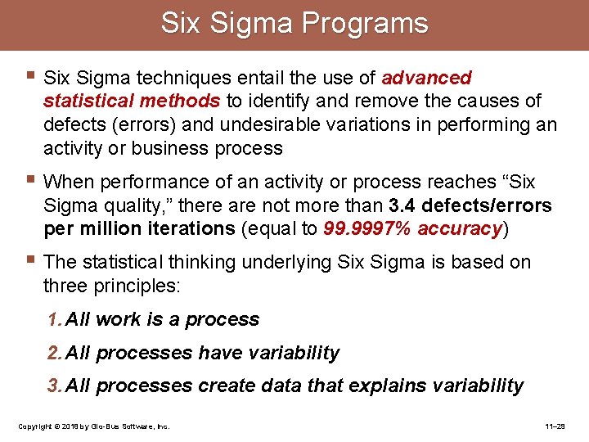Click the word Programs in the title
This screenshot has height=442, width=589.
pos(365,24)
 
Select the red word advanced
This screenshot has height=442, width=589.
pos(427,79)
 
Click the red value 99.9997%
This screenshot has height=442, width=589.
pos(368,229)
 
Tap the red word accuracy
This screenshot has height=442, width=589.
pos(460,229)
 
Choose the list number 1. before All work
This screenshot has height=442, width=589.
pos(55,320)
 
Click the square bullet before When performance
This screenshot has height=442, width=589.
pos(30,180)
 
